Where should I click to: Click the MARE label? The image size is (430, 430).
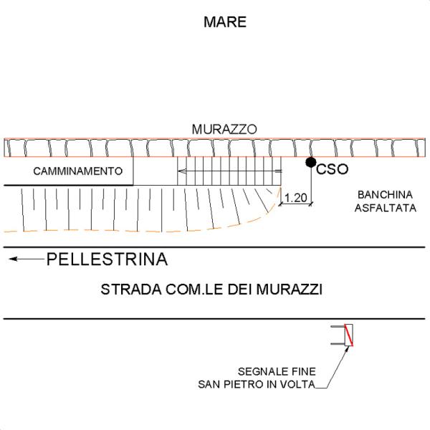coord(225,22)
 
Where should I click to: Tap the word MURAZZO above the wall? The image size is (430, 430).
coord(224,129)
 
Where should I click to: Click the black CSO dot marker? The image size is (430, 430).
coord(310,163)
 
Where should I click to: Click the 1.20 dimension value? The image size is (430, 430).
coord(295,197)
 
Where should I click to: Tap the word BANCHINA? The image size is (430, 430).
coord(383,195)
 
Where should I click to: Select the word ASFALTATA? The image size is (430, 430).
coord(383,208)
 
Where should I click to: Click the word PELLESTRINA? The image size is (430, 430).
coord(107,259)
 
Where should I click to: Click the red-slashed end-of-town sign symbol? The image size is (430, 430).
coord(348,335)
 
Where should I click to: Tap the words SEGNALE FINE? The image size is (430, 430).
coord(275,371)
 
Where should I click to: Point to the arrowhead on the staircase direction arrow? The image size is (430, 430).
coord(182,172)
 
